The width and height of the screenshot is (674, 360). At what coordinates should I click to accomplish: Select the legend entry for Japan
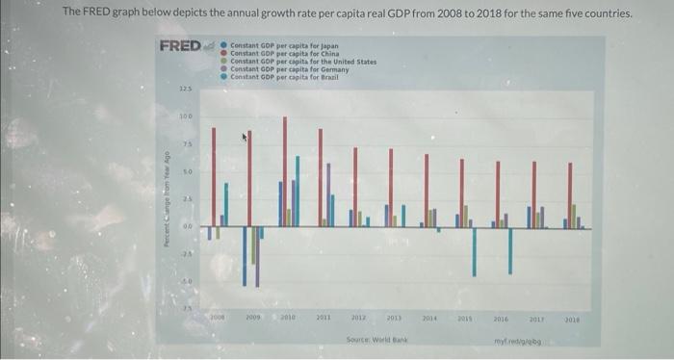283,46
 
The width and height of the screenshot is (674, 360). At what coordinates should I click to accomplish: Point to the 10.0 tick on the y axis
186,116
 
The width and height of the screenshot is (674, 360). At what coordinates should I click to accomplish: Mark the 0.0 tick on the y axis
186,228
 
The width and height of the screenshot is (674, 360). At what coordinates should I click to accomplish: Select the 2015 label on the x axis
466,316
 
